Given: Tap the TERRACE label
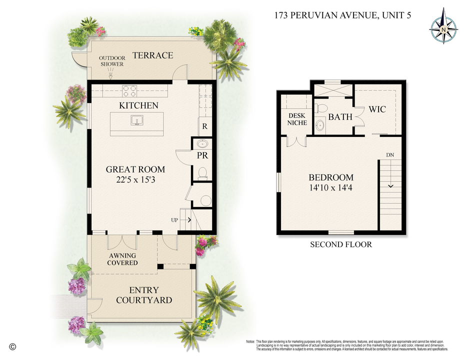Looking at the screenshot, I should coord(152,55).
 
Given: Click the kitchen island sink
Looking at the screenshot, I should coord(136,120).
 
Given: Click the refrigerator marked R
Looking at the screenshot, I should coord(204,126).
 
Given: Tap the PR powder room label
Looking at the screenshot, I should coord(203,155).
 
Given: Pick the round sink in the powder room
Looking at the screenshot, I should coord(202,144).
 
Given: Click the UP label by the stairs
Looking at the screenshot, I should coord(174,219).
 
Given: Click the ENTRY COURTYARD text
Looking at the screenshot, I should coord(143,295).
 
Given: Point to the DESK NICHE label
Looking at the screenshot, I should coord(297,119).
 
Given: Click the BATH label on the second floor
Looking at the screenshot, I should coord(340,116).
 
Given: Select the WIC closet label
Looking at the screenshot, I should coord(377,109).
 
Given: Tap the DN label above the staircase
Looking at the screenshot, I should coord(390,155).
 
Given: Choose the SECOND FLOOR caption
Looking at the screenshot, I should coord(341,244).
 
